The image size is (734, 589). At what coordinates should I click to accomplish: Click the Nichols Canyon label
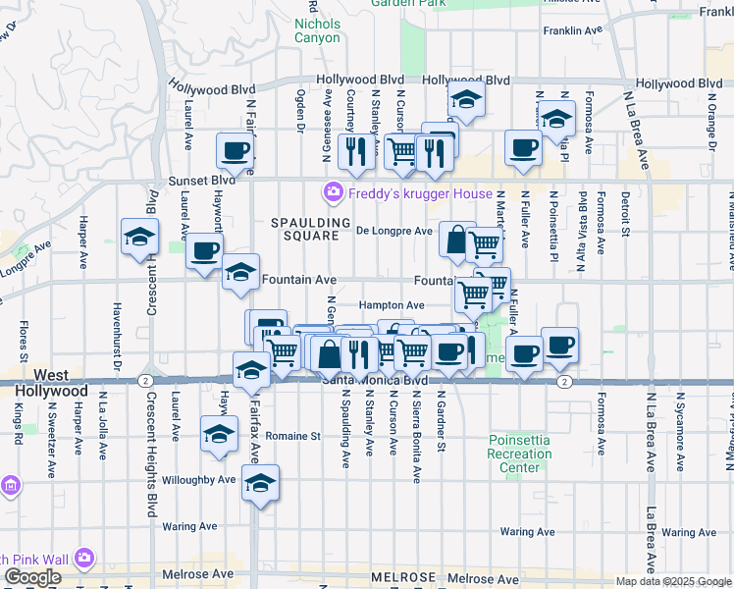(318, 29)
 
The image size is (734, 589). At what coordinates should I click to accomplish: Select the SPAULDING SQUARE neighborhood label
(311, 230)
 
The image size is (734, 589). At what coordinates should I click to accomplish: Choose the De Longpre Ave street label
(393, 232)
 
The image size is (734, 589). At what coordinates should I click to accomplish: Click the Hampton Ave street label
(391, 305)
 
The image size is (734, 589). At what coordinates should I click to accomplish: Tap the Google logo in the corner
(32, 578)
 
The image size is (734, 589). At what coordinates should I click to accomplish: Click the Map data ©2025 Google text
(672, 581)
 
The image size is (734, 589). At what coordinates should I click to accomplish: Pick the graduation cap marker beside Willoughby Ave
(259, 483)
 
